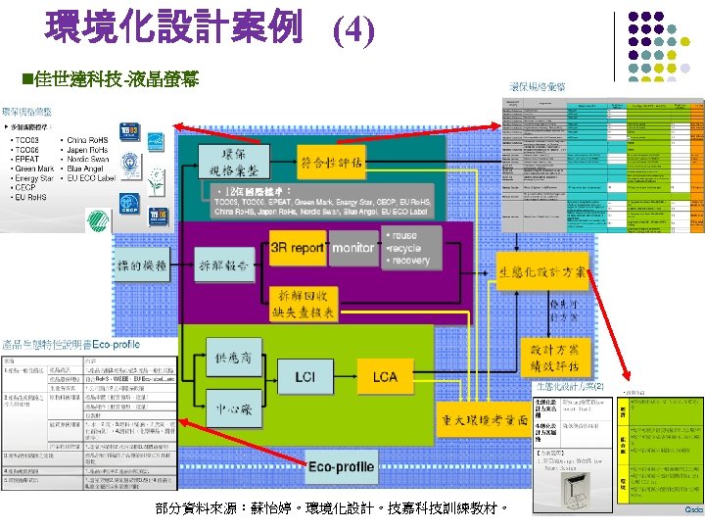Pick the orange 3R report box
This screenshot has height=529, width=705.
coord(297,249)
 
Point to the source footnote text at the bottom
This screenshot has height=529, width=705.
coord(330,509)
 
